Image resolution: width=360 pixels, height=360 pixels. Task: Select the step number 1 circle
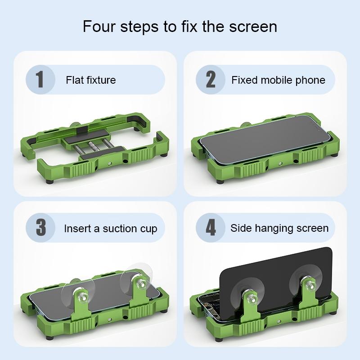tap(40, 80)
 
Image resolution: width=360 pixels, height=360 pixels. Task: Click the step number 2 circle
tap(210, 80)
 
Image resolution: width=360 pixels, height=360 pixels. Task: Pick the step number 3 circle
tap(40, 228)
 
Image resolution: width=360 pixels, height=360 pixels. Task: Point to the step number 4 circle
tap(210, 228)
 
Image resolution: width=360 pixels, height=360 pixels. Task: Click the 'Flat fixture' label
tap(90, 80)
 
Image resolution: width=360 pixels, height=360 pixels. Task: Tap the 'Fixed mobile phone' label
tap(278, 80)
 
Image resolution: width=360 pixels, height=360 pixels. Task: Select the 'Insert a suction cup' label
tap(110, 228)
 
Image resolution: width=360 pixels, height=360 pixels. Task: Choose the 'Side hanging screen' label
tap(279, 228)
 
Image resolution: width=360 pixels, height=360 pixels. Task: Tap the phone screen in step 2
tap(265, 139)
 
